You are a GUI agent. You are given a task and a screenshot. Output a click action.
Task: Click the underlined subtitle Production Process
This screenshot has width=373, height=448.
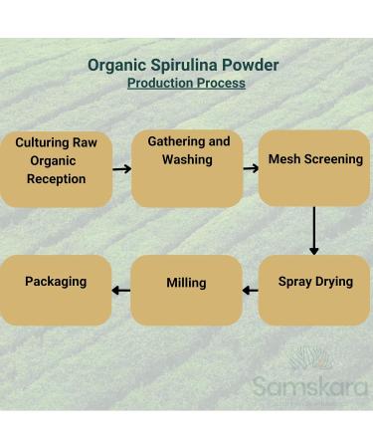click(x=186, y=84)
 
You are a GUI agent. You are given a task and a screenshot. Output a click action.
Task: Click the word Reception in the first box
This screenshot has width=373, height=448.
click(x=57, y=179)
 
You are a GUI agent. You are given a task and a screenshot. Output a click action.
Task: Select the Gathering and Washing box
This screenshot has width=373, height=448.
click(x=187, y=167)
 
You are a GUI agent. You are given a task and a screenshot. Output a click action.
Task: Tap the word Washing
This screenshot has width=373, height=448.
click(x=188, y=159)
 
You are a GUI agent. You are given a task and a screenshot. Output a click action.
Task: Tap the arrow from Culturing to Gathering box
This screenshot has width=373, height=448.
click(x=121, y=169)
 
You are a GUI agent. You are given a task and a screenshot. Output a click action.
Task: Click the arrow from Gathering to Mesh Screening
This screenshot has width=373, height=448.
click(x=250, y=168)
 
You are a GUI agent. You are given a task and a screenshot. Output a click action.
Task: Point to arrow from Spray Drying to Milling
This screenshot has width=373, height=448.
click(x=250, y=292)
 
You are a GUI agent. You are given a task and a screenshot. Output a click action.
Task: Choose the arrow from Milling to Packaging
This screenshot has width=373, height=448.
click(x=121, y=292)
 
